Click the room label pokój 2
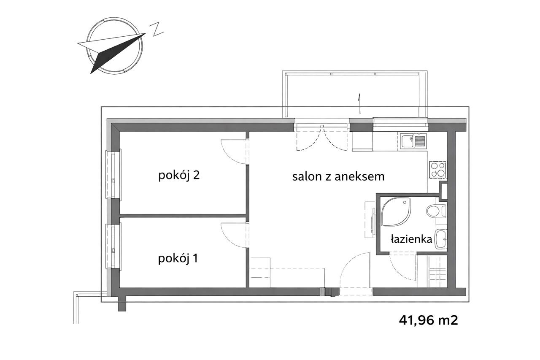[x=178, y=176]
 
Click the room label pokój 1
[x=178, y=258]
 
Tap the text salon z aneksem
[x=338, y=176]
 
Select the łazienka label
[x=411, y=240]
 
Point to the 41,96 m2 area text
[x=429, y=320]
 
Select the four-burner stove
[x=437, y=169]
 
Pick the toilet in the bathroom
[x=435, y=211]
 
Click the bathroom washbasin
[x=440, y=239]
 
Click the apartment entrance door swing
[x=355, y=270]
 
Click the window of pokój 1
[x=113, y=246]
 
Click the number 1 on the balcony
[x=359, y=104]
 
